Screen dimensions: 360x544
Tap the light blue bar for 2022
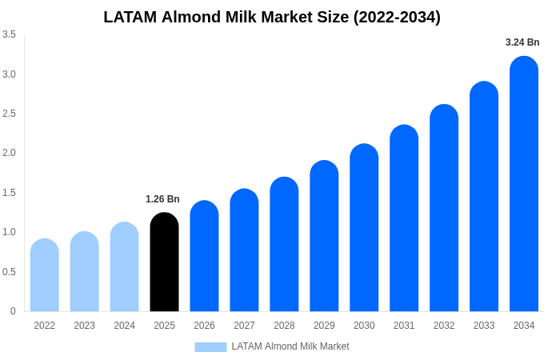coord(45,275)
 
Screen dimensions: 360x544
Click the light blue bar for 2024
coord(124,267)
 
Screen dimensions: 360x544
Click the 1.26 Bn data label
coord(162,199)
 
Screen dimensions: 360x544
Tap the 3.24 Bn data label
coord(522,42)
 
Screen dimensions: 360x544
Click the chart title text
coord(272,17)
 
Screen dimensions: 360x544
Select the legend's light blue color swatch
coord(210,346)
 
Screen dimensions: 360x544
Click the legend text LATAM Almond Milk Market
coord(290,346)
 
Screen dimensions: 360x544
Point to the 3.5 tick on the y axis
coord(9,34)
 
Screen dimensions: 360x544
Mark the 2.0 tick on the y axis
coord(9,153)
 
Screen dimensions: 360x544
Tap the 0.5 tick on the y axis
coord(9,271)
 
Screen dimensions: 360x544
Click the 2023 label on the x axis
coord(84,326)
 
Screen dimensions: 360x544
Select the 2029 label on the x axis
coord(324,326)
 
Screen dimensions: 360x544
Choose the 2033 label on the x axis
coord(484,326)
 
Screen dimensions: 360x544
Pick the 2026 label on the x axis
coord(204,326)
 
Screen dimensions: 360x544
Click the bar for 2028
coord(284,244)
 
